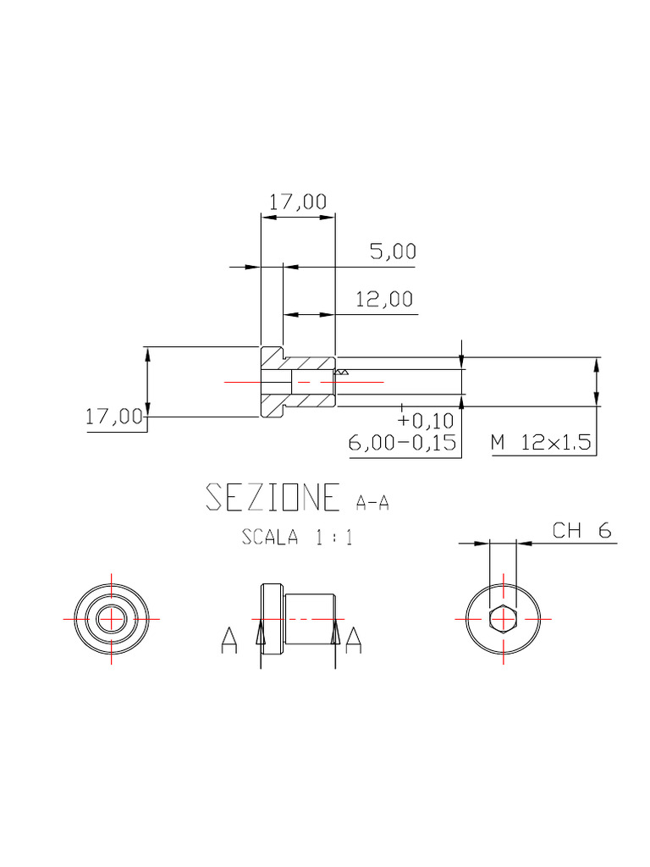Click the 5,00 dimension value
pyautogui.click(x=393, y=251)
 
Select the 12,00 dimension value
pyautogui.click(x=384, y=300)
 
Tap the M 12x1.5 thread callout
pyautogui.click(x=541, y=442)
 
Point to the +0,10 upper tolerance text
pyautogui.click(x=426, y=421)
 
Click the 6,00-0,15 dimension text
pyautogui.click(x=402, y=442)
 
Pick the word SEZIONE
pyautogui.click(x=273, y=496)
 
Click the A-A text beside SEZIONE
pyautogui.click(x=372, y=503)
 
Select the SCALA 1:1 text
pyautogui.click(x=297, y=537)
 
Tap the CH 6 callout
pyautogui.click(x=582, y=531)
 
